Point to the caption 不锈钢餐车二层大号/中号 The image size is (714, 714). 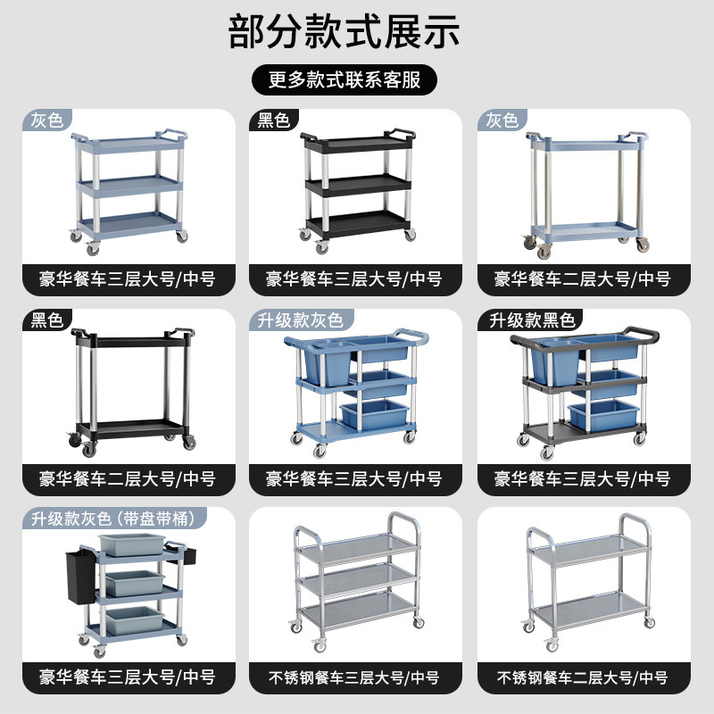583,677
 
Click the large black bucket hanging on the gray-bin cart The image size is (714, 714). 82,578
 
